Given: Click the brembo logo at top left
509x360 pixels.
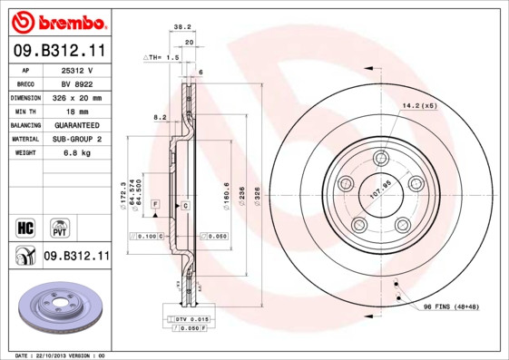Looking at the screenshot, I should point(57,20).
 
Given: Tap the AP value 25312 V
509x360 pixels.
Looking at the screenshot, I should point(77,69).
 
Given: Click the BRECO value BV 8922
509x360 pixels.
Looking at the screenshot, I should point(77,83).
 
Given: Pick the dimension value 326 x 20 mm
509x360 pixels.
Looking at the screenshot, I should point(77,97).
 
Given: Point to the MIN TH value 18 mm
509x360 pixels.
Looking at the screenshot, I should point(77,111).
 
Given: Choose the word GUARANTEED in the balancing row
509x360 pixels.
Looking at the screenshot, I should point(77,124).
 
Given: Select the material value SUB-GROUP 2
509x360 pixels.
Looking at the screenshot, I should point(77,139).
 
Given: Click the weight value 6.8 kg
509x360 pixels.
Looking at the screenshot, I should point(77,152).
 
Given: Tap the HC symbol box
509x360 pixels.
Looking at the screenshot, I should point(25,226).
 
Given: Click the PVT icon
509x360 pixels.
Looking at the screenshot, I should point(60,226).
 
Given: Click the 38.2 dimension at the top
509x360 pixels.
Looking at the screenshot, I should point(181,27).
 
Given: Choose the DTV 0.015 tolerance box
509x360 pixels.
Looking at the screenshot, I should point(193,318).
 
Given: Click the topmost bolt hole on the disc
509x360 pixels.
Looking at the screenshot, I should point(380,159).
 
